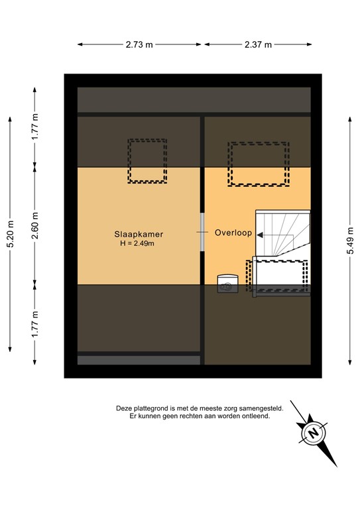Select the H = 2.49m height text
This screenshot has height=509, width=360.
[x=137, y=244]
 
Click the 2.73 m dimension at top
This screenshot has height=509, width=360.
[x=139, y=45]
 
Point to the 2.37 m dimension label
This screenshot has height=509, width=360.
[x=258, y=45]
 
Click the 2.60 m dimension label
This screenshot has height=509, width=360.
[x=36, y=225]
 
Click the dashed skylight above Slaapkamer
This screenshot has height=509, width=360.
[x=147, y=160]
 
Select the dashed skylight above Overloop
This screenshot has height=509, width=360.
[x=259, y=164]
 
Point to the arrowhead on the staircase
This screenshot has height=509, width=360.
[x=260, y=235]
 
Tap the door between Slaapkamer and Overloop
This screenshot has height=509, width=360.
[x=202, y=232]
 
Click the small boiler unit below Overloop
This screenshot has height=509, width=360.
[x=227, y=284]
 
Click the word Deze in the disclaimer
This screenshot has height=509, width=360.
[x=124, y=409]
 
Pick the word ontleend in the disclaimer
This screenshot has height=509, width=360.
[x=256, y=418]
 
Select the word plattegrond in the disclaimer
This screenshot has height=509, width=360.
[x=155, y=409]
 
